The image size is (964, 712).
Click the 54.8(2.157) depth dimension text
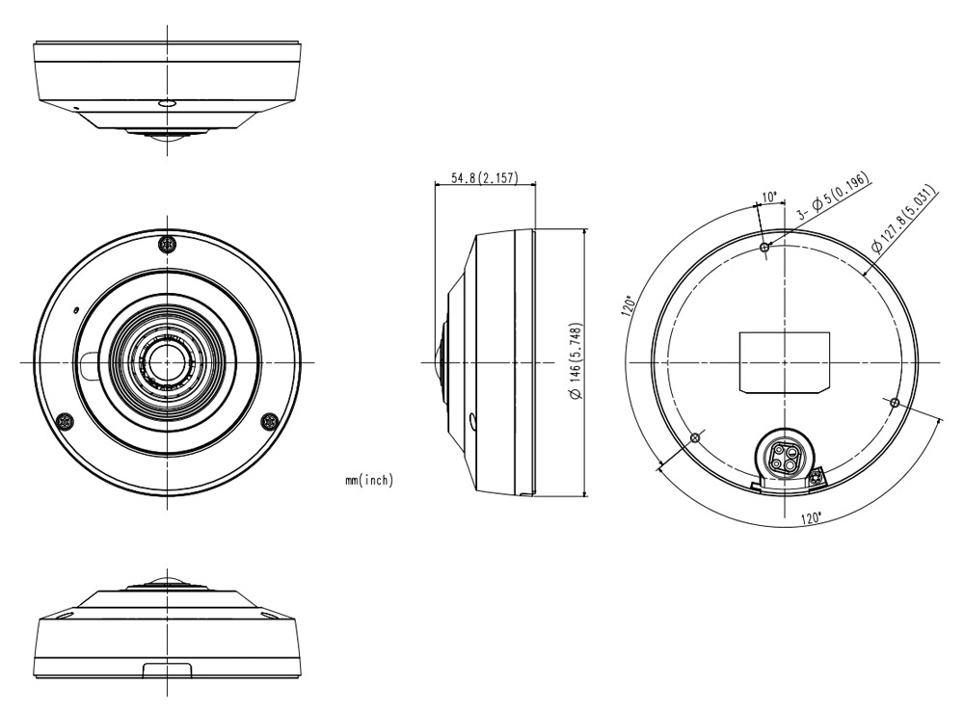tap(484, 179)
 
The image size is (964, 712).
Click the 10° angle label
tap(769, 198)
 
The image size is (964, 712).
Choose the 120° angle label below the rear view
tap(811, 518)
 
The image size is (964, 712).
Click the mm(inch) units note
tap(369, 480)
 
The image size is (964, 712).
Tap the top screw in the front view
tap(168, 244)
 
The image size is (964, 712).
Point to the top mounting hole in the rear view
tap(764, 248)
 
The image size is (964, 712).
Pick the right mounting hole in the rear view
tap(894, 401)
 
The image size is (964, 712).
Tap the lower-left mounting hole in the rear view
tap(695, 438)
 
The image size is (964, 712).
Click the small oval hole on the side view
tap(473, 421)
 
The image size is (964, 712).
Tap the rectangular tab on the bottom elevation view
tap(167, 670)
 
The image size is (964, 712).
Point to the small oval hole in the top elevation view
tap(166, 100)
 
